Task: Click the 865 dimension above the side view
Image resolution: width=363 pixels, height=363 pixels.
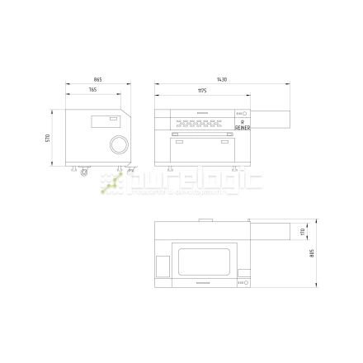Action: pos(99,79)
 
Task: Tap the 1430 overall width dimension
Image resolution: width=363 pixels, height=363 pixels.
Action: pos(222,79)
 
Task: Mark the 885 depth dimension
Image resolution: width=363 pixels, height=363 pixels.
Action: pos(311,253)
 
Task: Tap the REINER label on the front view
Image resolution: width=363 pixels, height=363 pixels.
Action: pos(243,128)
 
